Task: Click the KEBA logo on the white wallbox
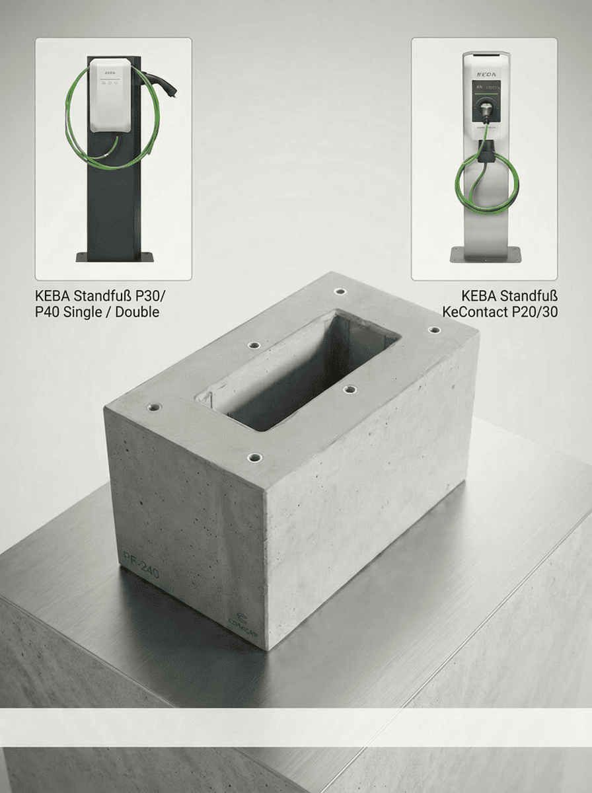point(110,69)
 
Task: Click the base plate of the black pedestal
point(114,256)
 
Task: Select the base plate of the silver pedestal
point(485,253)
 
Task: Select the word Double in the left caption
point(137,312)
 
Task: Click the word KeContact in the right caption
point(473,312)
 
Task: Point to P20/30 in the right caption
point(533,312)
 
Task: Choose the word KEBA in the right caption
point(479,295)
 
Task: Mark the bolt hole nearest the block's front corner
point(254,457)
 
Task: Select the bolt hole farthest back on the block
point(340,291)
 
